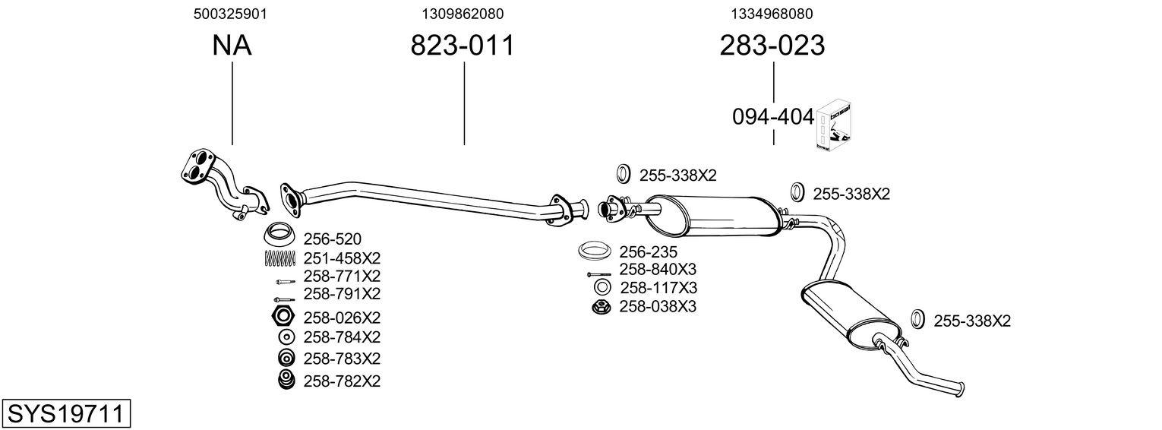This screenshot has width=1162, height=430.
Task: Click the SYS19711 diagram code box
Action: pyautogui.click(x=65, y=415)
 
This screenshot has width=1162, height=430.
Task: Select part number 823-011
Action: pyautogui.click(x=463, y=46)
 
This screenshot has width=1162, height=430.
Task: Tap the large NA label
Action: pyautogui.click(x=232, y=46)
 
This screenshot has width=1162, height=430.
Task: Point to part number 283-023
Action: pyautogui.click(x=772, y=46)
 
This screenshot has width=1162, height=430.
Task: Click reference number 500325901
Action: pyautogui.click(x=232, y=14)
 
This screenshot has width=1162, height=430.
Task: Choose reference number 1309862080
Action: pyautogui.click(x=463, y=14)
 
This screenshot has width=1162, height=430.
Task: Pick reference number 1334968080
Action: pyautogui.click(x=772, y=14)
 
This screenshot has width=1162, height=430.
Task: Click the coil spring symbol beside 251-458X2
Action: pyautogui.click(x=279, y=258)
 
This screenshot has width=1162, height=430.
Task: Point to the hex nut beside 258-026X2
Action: pyautogui.click(x=283, y=317)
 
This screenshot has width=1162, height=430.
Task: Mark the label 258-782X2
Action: pyautogui.click(x=342, y=381)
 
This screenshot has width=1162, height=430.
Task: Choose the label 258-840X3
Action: pyautogui.click(x=658, y=270)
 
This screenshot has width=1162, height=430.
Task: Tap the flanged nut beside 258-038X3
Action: pyautogui.click(x=600, y=307)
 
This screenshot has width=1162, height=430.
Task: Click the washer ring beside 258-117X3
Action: pyautogui.click(x=601, y=288)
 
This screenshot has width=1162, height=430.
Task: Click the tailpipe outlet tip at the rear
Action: pyautogui.click(x=961, y=388)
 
